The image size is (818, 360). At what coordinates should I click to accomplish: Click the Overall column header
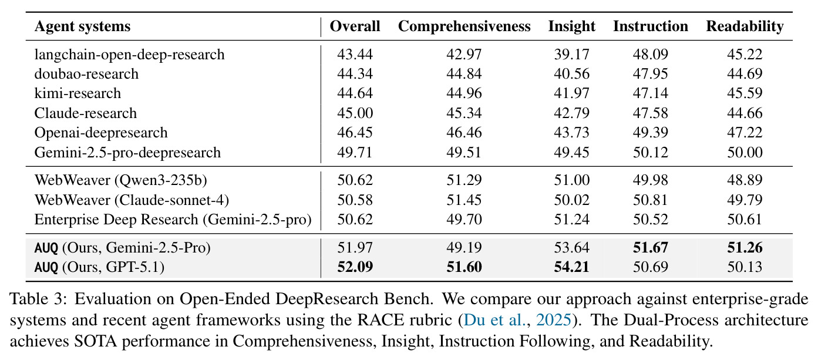click(355, 26)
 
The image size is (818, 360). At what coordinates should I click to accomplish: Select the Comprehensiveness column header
click(464, 26)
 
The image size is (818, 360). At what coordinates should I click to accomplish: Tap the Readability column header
click(745, 26)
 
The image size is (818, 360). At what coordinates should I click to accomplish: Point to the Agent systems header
click(82, 27)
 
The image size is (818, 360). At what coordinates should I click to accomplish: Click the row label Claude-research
click(86, 113)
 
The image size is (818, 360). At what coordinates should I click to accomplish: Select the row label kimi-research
click(78, 93)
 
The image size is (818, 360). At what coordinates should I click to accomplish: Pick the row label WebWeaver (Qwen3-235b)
click(120, 180)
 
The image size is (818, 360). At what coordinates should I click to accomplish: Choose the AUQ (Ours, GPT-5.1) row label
click(99, 267)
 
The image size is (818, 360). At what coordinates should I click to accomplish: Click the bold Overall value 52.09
click(355, 267)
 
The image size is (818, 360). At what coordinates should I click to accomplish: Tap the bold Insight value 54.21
click(571, 267)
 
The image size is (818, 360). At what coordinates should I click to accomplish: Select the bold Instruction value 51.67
click(651, 248)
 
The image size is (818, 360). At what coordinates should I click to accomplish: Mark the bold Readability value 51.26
click(745, 248)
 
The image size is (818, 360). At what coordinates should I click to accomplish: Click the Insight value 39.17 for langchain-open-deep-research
click(571, 55)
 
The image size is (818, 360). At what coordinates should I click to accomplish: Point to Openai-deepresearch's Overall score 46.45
click(355, 133)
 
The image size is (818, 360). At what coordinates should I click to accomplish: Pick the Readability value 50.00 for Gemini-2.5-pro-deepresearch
click(745, 152)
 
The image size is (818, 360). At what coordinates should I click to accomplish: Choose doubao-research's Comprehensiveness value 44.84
click(464, 74)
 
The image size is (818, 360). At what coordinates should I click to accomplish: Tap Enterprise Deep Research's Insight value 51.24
click(571, 220)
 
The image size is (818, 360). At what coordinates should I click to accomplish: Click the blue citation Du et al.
click(495, 320)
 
